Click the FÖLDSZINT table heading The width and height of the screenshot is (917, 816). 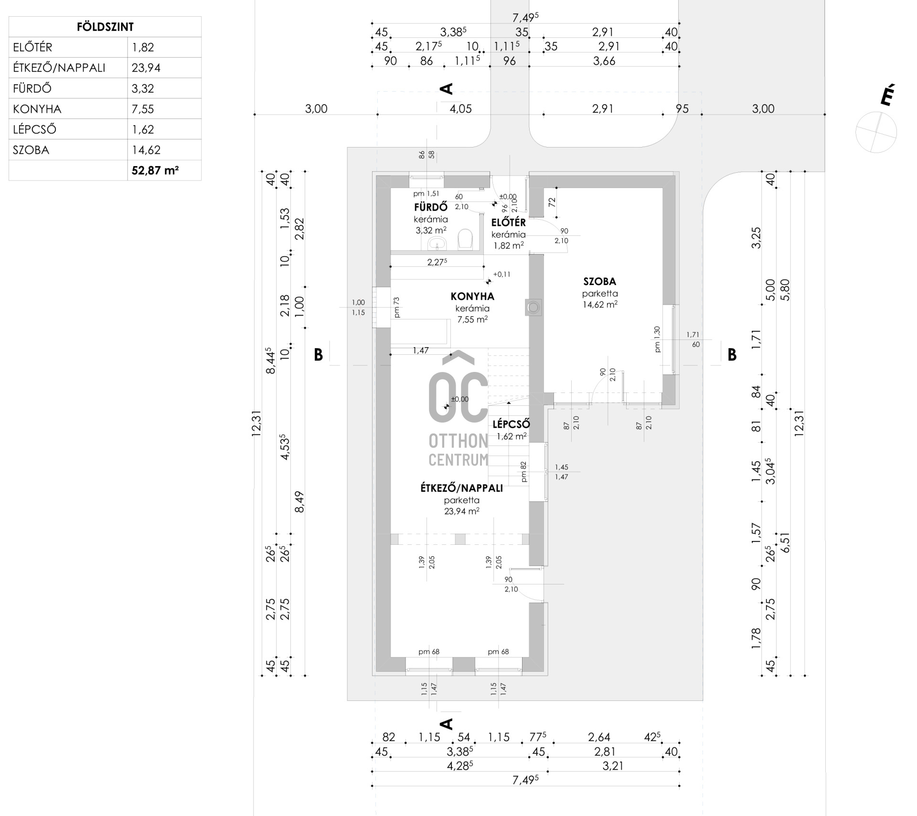point(105,27)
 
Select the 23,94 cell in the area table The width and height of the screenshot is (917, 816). point(146,68)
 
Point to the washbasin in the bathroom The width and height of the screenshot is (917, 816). point(437,244)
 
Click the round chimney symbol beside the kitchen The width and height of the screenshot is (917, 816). point(533,307)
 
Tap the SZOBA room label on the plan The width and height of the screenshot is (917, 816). point(599,281)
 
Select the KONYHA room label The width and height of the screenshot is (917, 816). point(472,297)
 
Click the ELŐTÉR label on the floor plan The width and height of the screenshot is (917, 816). point(509,223)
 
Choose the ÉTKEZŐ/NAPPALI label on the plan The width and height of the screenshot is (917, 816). point(461,488)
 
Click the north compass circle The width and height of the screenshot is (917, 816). point(876,132)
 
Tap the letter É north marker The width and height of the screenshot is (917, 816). point(886,96)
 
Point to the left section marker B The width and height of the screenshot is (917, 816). point(318,355)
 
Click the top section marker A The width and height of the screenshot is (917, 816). point(446,89)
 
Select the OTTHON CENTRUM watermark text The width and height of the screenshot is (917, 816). point(458,449)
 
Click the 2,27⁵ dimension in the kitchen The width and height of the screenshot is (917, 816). point(437,262)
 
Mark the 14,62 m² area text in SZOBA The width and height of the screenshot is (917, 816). point(600,305)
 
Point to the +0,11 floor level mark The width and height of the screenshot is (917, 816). point(501,275)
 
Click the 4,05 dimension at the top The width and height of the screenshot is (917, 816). point(460,109)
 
